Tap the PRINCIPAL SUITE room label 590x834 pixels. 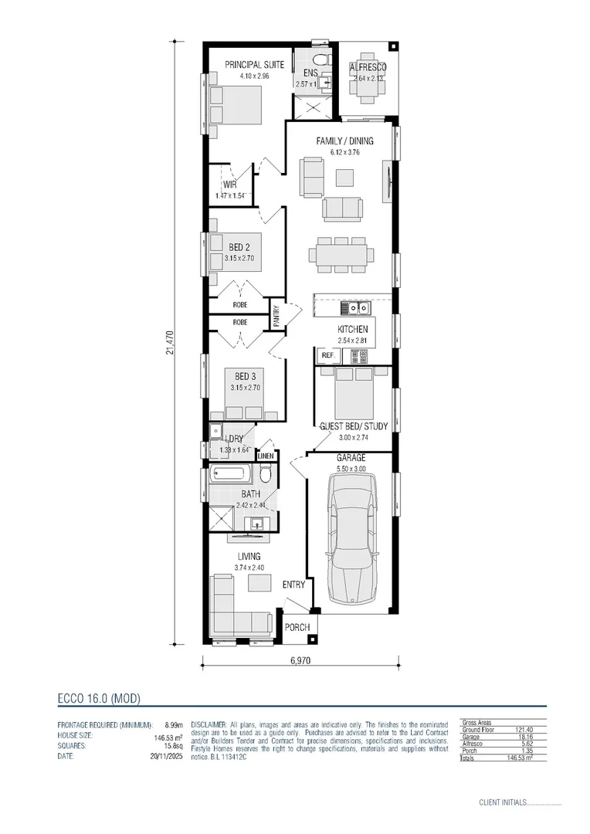254,65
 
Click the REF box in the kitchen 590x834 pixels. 327,355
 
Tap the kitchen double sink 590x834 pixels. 354,308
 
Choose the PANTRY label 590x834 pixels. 276,317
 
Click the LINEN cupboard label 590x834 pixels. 266,456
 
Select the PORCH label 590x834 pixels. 297,627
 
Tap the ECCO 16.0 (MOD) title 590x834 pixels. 99,698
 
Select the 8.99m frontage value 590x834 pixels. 169,725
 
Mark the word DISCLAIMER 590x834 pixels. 207,724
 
